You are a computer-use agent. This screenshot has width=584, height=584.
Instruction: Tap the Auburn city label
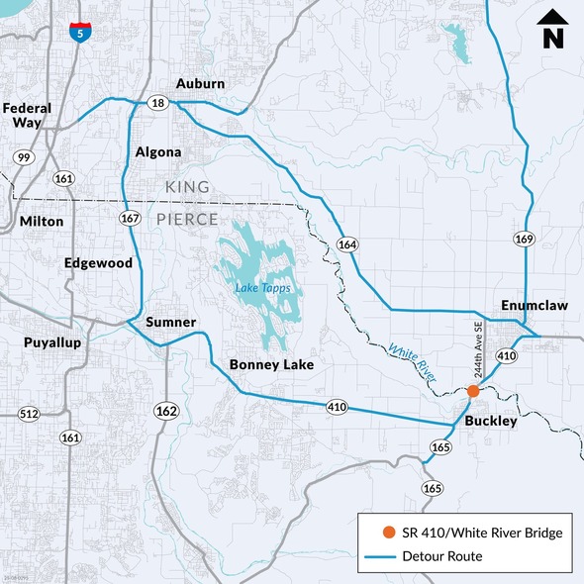(200, 84)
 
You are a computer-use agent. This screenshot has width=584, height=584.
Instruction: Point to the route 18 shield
(157, 103)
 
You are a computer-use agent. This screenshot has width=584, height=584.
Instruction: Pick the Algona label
(158, 152)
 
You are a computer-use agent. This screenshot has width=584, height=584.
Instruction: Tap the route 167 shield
(129, 218)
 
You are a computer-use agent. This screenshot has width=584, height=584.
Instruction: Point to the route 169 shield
(524, 239)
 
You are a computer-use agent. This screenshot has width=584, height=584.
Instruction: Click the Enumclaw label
(535, 306)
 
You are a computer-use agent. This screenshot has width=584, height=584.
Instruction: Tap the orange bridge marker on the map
(473, 391)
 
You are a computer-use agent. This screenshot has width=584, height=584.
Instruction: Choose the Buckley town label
(491, 422)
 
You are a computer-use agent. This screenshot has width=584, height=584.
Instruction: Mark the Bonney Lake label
(271, 365)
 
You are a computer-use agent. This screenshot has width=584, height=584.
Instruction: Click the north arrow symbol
(552, 31)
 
